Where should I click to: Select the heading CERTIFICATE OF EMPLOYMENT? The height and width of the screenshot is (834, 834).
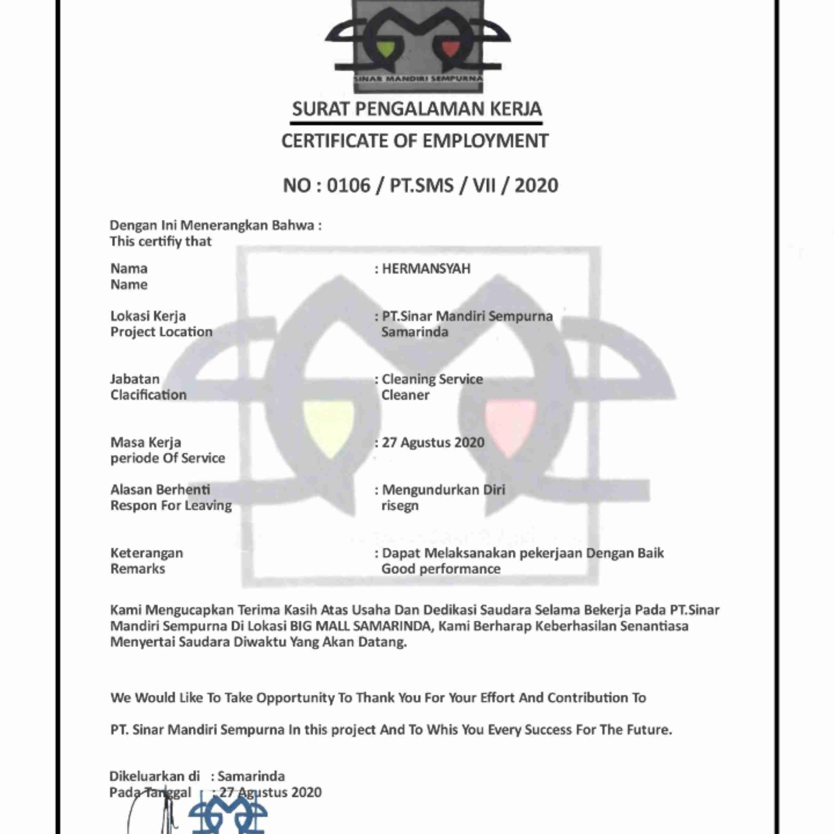(415, 141)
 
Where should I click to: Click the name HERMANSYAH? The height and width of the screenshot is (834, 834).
(426, 269)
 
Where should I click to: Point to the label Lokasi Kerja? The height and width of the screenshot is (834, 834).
(148, 316)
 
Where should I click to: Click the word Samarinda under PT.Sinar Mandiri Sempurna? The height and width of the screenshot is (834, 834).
(415, 332)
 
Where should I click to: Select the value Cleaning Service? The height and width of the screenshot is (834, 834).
(432, 379)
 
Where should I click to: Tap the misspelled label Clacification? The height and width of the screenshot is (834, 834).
(149, 395)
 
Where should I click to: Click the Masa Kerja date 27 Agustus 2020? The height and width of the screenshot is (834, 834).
(433, 443)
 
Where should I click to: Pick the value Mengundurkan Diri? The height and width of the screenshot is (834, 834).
(443, 490)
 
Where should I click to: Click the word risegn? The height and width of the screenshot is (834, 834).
(400, 506)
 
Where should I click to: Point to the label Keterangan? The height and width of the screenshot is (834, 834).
(147, 553)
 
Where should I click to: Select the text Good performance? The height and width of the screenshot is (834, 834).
(441, 569)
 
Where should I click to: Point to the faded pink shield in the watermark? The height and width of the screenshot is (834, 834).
(510, 427)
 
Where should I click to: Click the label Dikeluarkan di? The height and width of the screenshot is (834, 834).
(154, 776)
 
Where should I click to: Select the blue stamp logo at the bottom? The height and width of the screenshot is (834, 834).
(228, 814)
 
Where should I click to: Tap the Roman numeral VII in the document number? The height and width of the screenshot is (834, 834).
(484, 185)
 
